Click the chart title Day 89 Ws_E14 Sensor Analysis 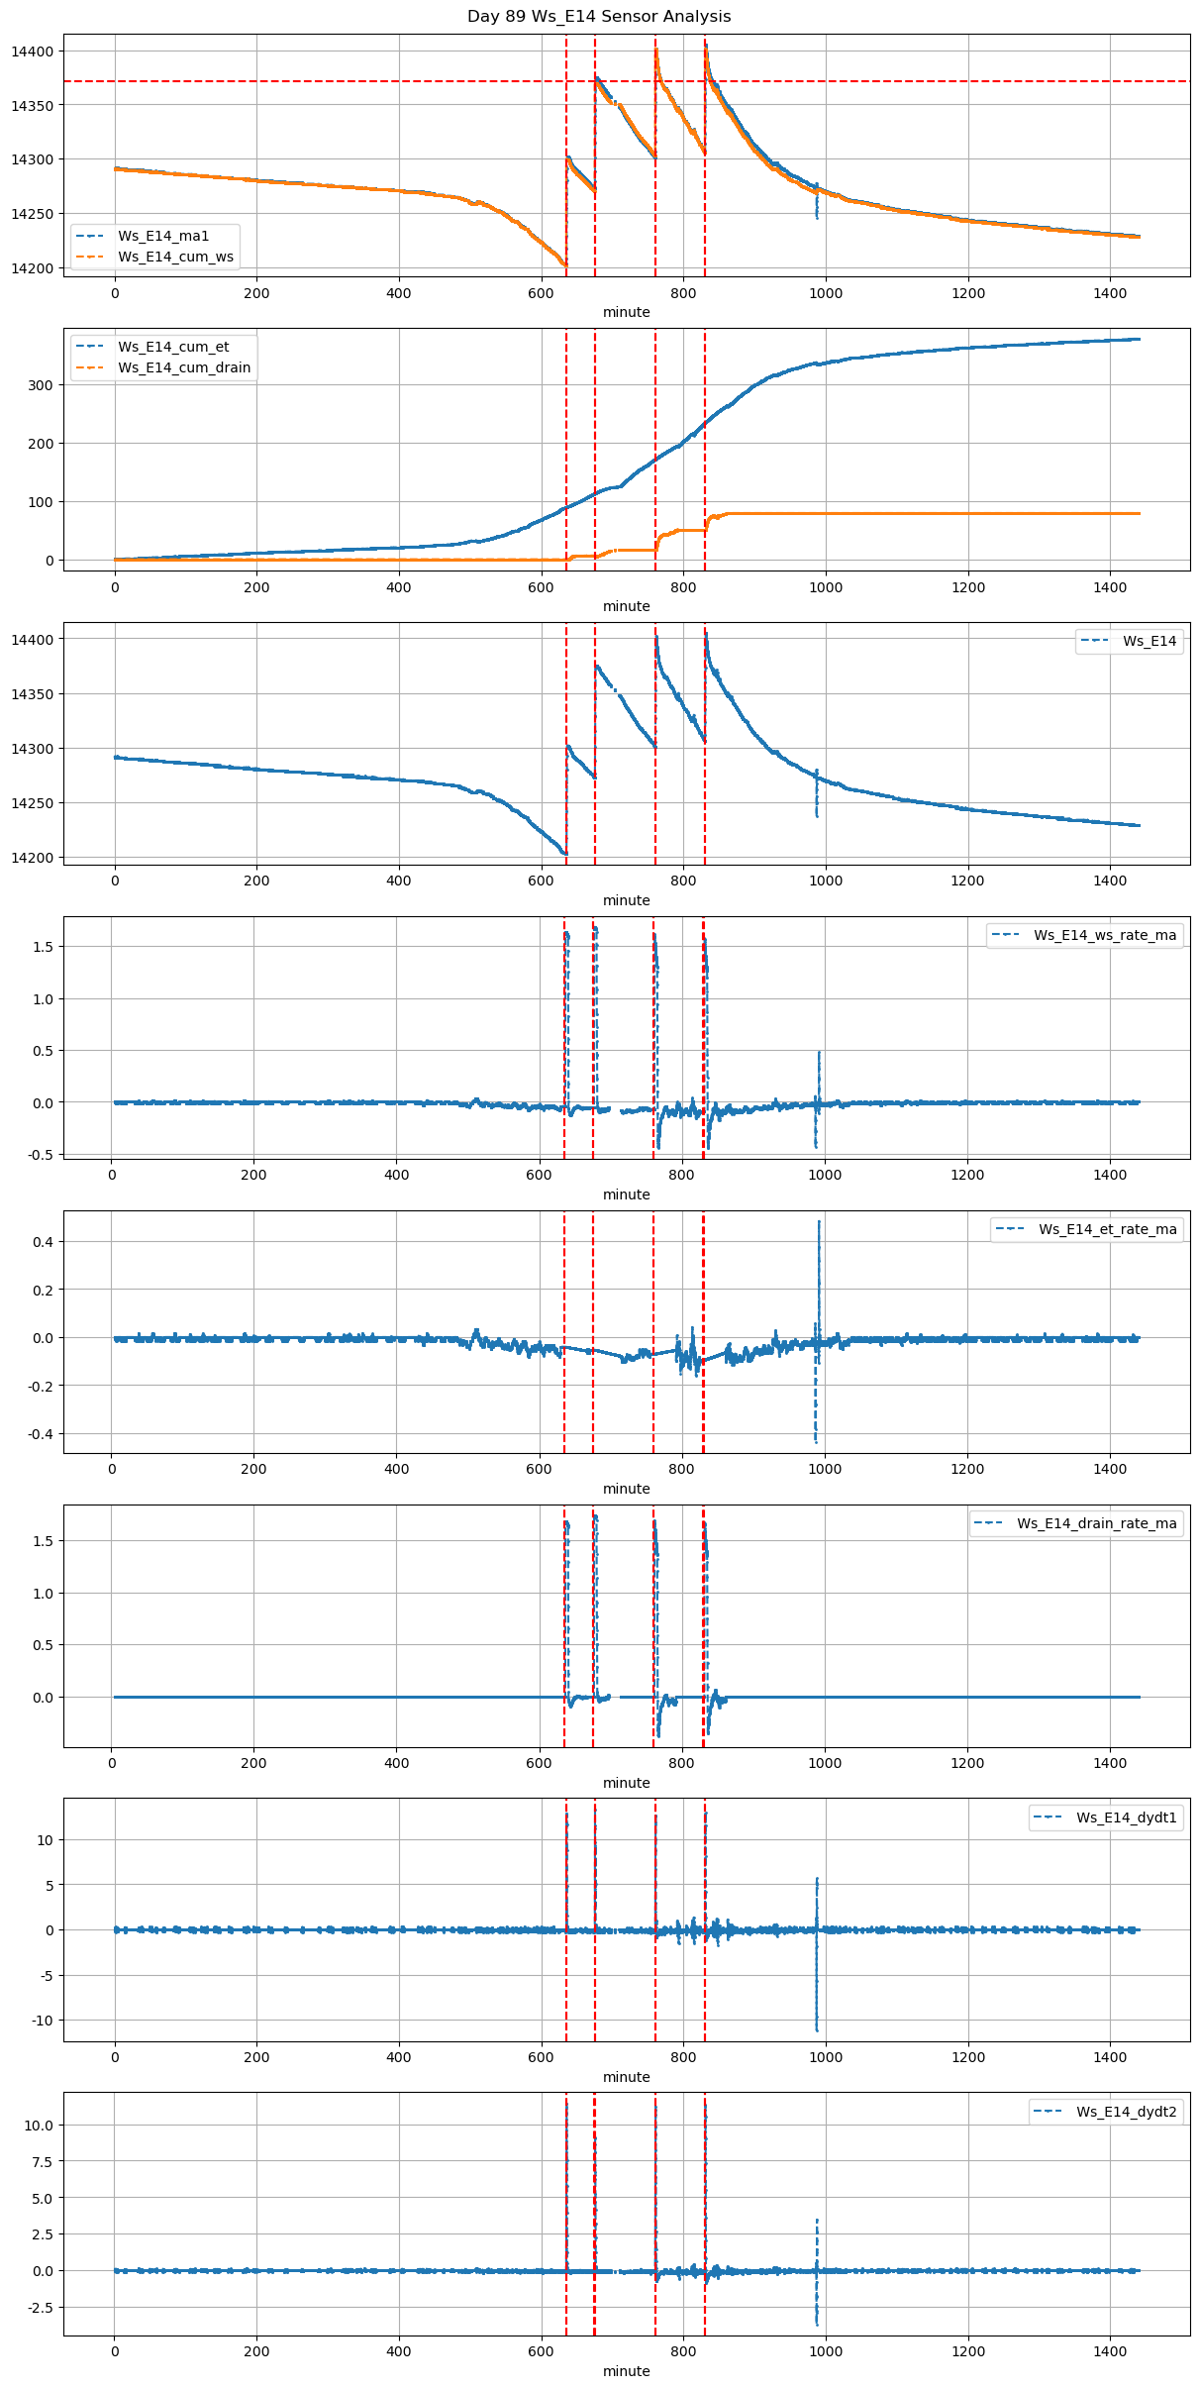[599, 16]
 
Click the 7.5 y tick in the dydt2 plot [40, 2161]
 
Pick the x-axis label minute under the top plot [627, 312]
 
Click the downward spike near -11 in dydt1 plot [817, 2029]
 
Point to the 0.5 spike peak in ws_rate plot [819, 1052]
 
